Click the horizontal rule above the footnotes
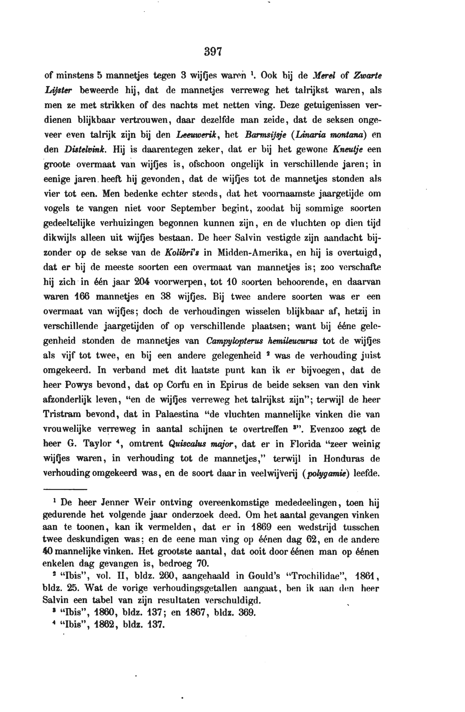pyautogui.click(x=65, y=489)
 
